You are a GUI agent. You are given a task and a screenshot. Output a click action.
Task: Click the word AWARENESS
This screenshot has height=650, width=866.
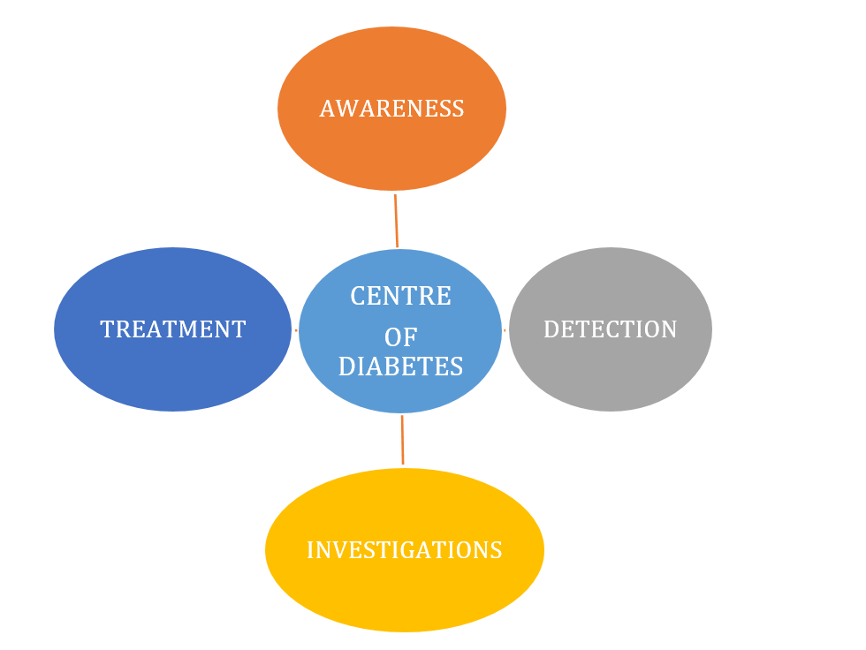coord(391,109)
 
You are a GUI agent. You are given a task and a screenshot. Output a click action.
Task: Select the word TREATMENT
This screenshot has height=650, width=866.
coord(173,329)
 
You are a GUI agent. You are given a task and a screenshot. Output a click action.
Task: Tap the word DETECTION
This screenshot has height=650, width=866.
coord(611,329)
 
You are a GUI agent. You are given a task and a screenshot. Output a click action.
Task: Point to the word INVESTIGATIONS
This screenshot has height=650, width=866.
coord(405,550)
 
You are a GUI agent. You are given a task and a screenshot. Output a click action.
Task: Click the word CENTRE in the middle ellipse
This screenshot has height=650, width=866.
coord(400,296)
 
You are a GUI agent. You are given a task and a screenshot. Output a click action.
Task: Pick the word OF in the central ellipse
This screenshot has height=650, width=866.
coord(400,337)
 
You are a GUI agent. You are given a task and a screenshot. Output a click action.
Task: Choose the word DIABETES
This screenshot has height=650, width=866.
coord(400,367)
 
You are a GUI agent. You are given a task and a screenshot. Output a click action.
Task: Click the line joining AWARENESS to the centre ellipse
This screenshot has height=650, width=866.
coord(396,221)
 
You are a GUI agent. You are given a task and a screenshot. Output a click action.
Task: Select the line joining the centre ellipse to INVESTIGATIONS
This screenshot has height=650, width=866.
coord(402,440)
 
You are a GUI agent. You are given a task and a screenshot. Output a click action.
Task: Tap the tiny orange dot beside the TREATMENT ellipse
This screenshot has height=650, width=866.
coord(296,330)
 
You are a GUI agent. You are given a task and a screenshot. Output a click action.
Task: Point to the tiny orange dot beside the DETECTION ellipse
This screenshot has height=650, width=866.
coord(505,330)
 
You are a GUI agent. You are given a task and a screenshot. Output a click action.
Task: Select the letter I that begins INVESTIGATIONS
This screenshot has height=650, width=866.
coord(310,550)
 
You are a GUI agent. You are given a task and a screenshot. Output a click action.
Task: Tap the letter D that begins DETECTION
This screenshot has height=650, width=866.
coord(551,329)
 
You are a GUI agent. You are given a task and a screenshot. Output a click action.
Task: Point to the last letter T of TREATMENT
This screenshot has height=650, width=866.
coord(239,329)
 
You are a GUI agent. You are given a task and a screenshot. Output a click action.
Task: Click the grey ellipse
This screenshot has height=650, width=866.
coord(611,329)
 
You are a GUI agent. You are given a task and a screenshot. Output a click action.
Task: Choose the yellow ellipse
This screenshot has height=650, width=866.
coord(405,550)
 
